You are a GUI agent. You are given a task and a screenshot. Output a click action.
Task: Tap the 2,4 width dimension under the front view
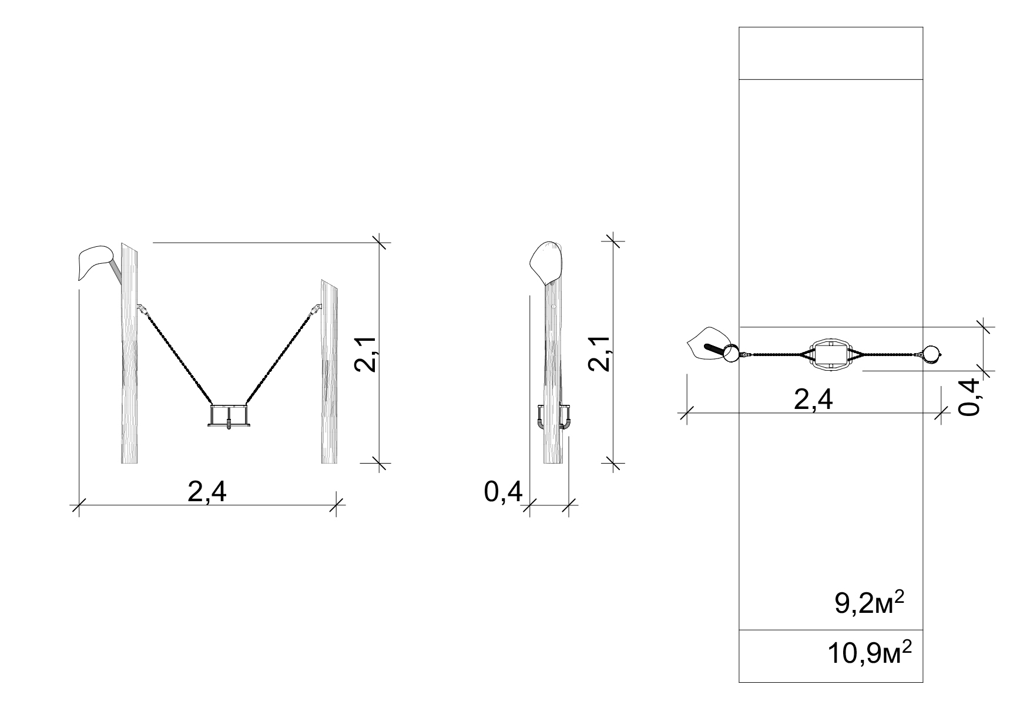pos(207,492)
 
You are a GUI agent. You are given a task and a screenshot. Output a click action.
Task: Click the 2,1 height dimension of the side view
pos(599,353)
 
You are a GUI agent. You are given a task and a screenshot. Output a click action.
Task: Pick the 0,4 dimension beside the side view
pos(503,492)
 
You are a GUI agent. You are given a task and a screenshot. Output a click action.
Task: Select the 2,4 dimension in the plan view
pos(813,400)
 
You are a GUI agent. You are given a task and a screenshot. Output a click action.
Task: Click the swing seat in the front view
pos(228,415)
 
